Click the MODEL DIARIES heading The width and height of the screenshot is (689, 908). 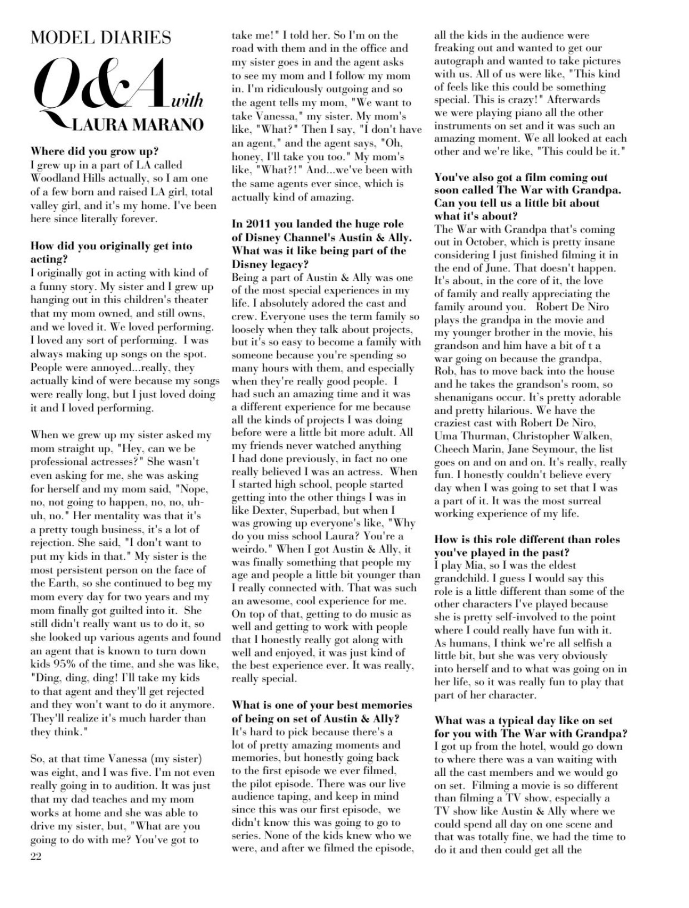[101, 38]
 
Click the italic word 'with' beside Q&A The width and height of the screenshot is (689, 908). [187, 101]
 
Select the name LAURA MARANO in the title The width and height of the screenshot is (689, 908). [138, 124]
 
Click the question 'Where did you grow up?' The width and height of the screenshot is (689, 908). [94, 151]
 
